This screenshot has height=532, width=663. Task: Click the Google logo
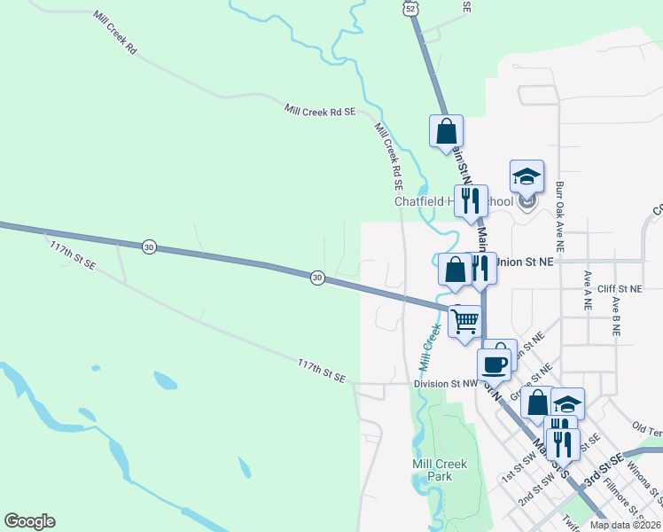point(29,521)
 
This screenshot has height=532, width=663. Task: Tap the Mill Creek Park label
point(433,470)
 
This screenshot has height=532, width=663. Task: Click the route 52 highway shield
point(408,7)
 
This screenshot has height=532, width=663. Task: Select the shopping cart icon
point(464,321)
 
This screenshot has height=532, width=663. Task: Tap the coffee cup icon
point(494,364)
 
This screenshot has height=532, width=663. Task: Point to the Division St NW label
point(445,384)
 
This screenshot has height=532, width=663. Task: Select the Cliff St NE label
point(619,289)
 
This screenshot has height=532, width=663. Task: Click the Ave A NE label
point(587,290)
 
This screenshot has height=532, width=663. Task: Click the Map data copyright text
point(626,525)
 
